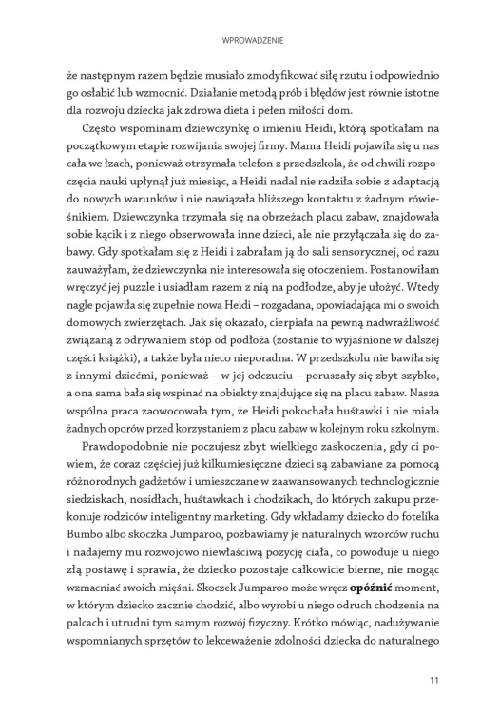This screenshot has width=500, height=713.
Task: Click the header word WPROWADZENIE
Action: coord(249,41)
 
